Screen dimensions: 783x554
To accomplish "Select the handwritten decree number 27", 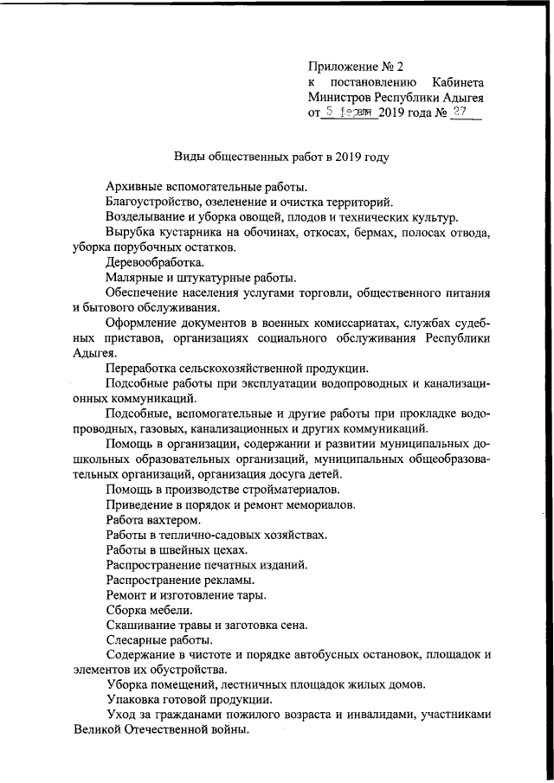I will (466, 112).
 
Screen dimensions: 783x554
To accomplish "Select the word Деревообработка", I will (155, 262).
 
